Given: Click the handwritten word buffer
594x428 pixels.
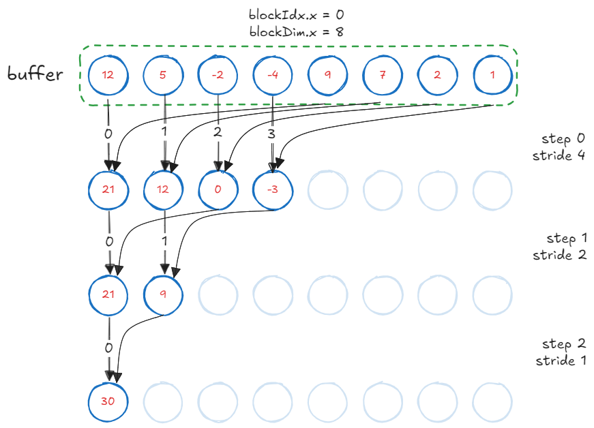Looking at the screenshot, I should click(x=35, y=74).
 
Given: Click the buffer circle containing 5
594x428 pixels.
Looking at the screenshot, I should click(x=162, y=74).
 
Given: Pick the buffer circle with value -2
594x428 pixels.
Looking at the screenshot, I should click(x=217, y=74).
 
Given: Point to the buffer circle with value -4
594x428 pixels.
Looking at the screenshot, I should click(x=273, y=74).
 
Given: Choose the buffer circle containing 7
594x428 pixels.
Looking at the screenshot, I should click(x=383, y=74).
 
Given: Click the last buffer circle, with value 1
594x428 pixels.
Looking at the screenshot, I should click(x=492, y=74).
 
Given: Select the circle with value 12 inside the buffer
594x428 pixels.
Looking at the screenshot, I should click(x=108, y=74).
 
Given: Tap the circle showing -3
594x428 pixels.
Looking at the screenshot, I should click(x=273, y=189).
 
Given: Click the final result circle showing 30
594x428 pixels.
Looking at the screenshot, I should click(x=108, y=401).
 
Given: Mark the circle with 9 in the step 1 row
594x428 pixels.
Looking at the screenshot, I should click(x=163, y=294).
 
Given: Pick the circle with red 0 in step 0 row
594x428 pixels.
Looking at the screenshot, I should click(x=218, y=189).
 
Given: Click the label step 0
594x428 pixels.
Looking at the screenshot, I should click(x=563, y=139).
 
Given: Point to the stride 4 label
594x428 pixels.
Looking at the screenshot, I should click(x=559, y=155).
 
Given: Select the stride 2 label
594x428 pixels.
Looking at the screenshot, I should click(x=559, y=255).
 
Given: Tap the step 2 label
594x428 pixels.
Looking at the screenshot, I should click(x=563, y=343).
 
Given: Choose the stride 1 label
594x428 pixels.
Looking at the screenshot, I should click(x=560, y=360).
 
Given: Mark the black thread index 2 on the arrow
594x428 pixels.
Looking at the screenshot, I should click(x=218, y=133).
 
